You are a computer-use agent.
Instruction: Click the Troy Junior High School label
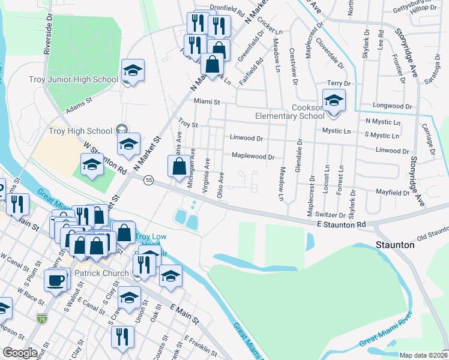73,79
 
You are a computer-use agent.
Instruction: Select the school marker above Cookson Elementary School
334,101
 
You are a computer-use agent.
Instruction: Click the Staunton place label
395,245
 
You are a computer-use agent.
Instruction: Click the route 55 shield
149,179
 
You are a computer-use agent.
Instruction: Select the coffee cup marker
56,280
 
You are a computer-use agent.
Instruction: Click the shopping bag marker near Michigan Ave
179,168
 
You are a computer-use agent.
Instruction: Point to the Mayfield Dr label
393,193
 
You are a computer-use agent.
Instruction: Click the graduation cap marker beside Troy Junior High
132,71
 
